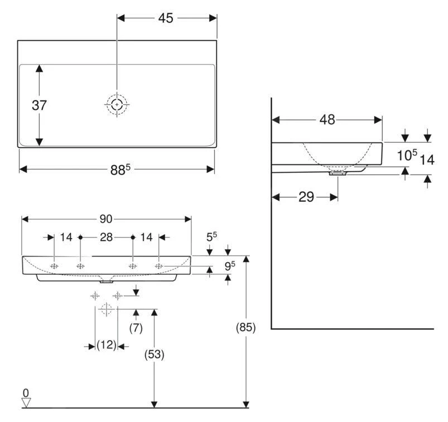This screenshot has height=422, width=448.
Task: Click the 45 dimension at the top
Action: [166, 18]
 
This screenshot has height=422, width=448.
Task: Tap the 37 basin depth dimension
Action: [39, 105]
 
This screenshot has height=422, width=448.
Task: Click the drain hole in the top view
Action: [117, 104]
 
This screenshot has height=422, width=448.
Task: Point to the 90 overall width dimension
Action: [106, 219]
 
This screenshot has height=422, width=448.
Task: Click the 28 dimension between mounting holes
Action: [106, 237]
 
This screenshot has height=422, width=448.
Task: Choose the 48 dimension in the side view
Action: [327, 119]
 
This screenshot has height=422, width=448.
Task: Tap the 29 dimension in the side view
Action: [306, 197]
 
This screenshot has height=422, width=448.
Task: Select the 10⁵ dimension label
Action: [407, 156]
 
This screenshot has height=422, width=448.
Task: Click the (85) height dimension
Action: [245, 328]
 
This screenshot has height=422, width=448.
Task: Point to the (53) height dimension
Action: [155, 354]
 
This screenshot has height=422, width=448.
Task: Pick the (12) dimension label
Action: [107, 346]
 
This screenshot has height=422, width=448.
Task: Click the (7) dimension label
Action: [136, 328]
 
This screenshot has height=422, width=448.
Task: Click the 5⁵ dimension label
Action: [211, 237]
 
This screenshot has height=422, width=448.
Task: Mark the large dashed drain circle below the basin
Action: [106, 309]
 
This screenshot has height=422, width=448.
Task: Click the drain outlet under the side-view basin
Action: [338, 173]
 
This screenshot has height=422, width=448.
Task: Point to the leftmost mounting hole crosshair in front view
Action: [54, 266]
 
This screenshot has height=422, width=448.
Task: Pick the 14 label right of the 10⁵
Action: [427, 160]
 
